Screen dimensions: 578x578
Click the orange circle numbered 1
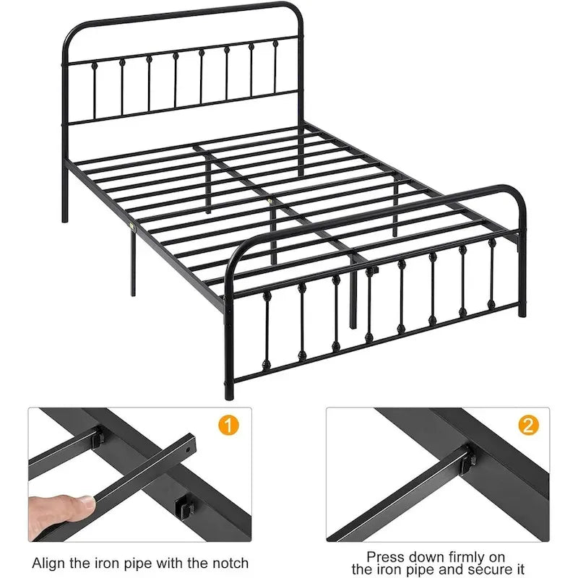click(228, 425)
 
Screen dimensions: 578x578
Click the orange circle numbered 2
click(528, 425)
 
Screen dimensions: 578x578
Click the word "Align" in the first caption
click(49, 564)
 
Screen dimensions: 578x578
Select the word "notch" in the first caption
click(230, 564)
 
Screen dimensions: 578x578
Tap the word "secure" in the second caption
click(487, 570)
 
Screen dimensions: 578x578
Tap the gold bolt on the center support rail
click(271, 202)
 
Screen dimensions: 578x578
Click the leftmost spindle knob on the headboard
click(95, 66)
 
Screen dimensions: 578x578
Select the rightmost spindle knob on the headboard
click(275, 43)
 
